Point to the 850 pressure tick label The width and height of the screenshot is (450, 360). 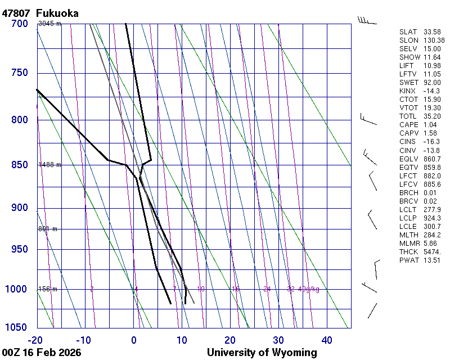click(20, 165)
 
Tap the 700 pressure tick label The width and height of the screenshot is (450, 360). click(20, 24)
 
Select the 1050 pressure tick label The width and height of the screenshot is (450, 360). click(17, 328)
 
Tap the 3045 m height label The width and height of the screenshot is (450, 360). click(49, 24)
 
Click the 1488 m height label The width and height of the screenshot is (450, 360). click(49, 165)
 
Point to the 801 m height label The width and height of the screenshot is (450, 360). click(48, 229)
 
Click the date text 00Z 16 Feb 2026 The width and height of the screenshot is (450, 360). click(41, 353)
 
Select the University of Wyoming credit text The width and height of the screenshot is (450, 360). click(262, 353)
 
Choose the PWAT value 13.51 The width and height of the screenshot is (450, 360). click(432, 260)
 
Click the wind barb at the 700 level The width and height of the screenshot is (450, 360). click(367, 21)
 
